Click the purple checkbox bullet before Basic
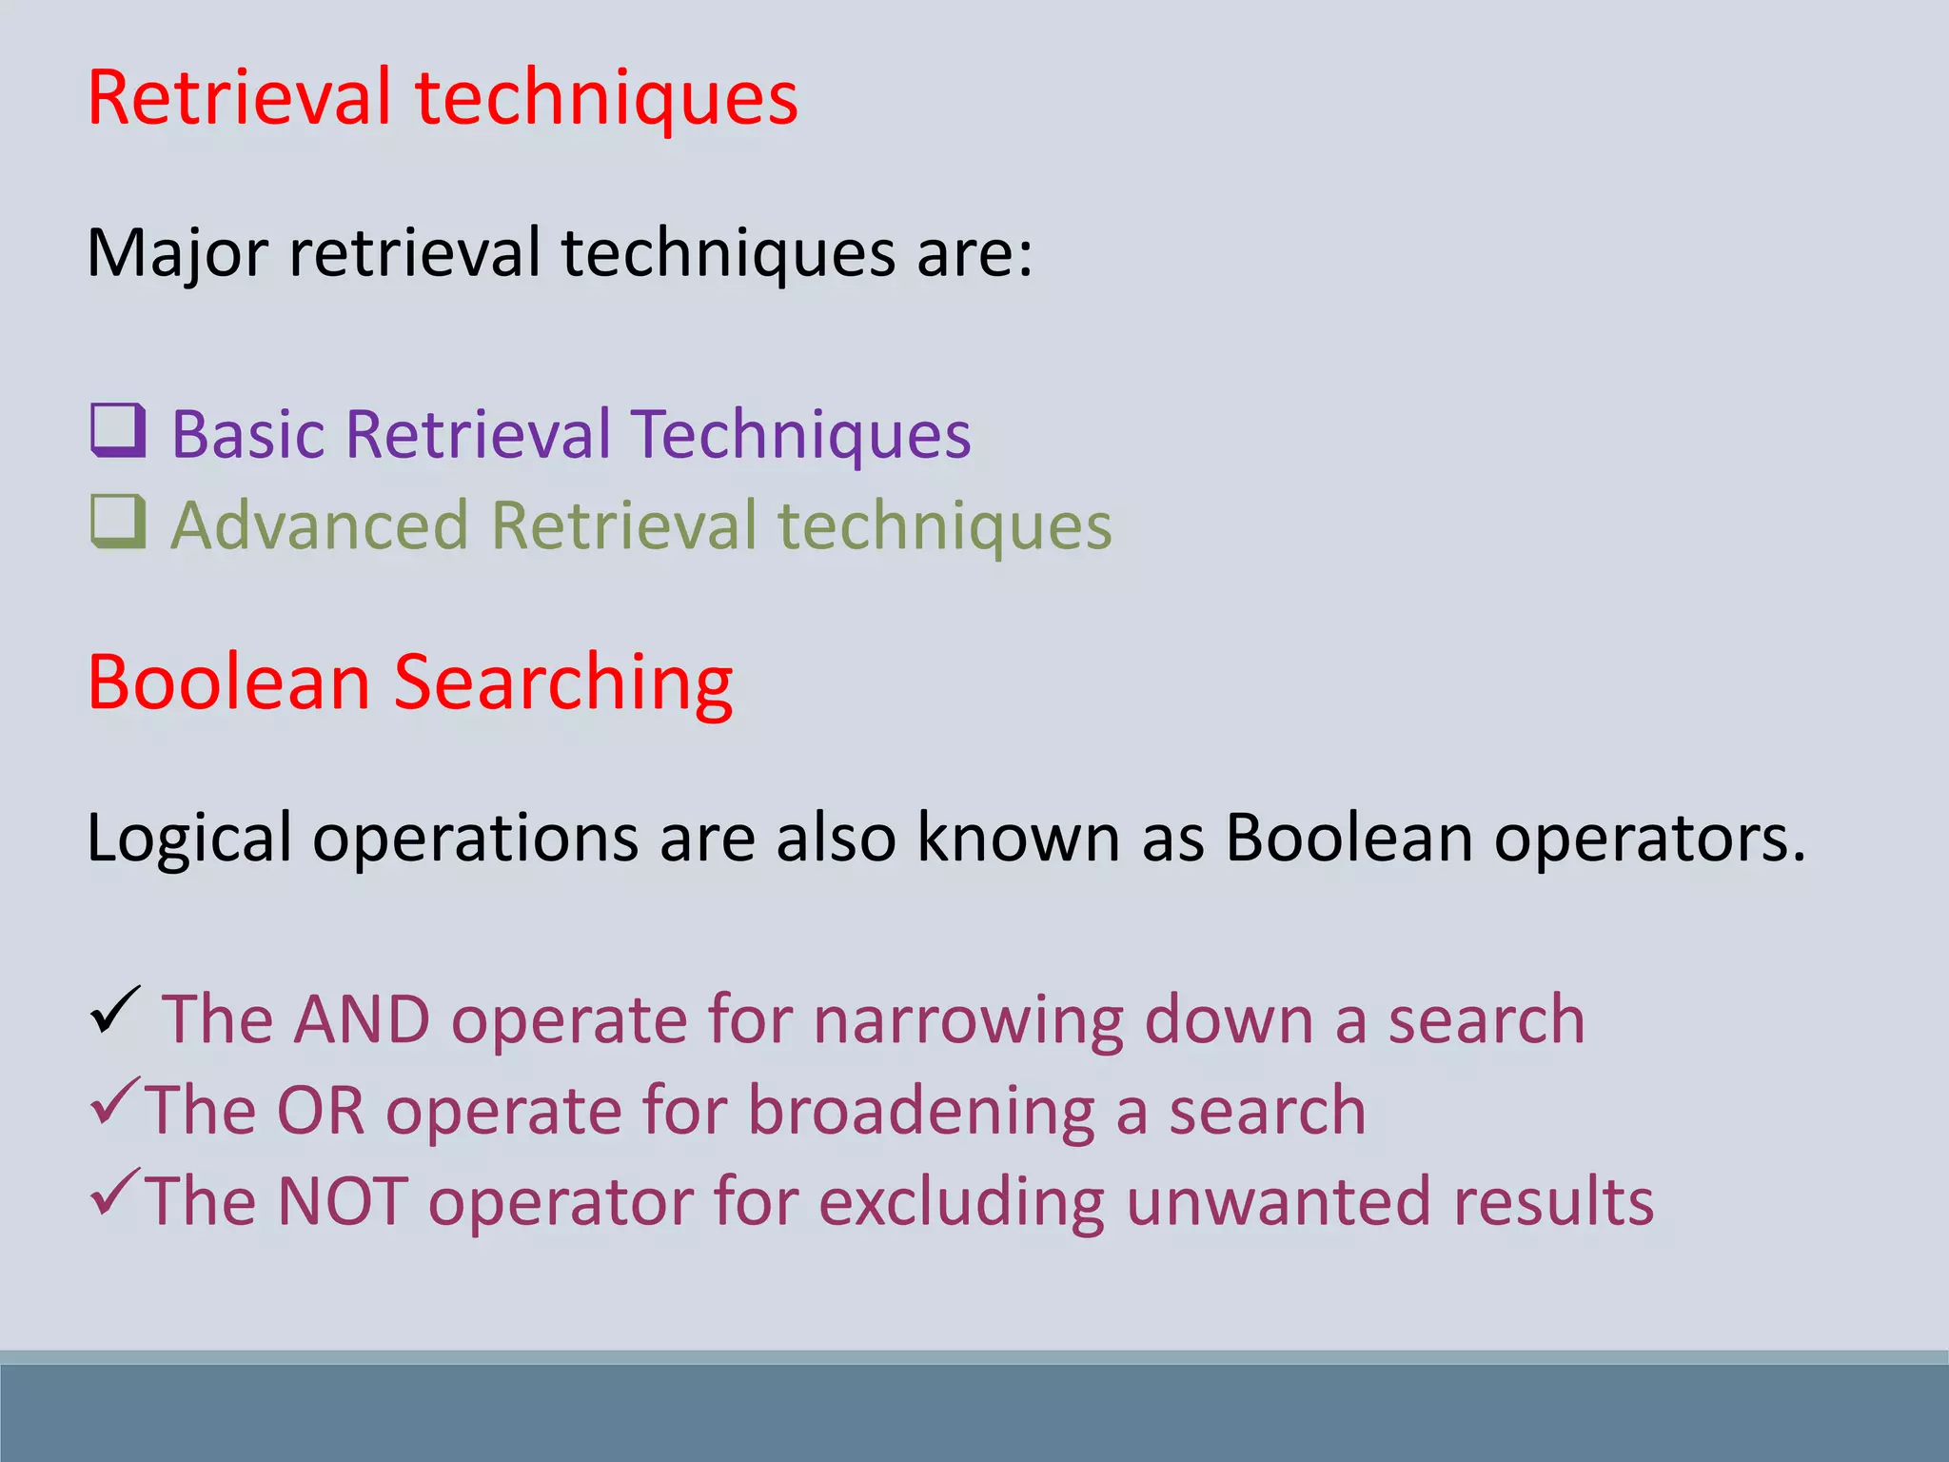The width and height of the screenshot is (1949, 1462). tap(119, 431)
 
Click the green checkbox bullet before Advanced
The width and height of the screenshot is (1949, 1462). tap(119, 522)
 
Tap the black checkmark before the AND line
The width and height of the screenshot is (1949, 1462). tap(116, 1011)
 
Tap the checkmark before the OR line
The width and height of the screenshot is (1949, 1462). tap(116, 1101)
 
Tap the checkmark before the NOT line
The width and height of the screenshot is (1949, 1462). tap(116, 1193)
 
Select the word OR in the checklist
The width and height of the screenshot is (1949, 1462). tap(321, 1111)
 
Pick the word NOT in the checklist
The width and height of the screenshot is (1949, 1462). tap(343, 1201)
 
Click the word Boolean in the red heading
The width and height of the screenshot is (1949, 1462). tap(228, 682)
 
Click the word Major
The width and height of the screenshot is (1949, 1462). tap(178, 254)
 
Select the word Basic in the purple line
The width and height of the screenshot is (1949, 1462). tap(248, 435)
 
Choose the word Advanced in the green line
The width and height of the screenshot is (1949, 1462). tap(320, 525)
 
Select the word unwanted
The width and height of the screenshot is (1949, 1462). tap(1278, 1201)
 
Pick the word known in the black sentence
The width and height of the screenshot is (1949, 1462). tap(1017, 838)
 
